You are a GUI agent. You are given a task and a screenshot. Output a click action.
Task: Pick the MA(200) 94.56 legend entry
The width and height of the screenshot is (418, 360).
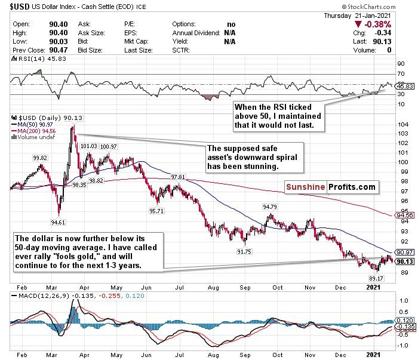pos(38,130)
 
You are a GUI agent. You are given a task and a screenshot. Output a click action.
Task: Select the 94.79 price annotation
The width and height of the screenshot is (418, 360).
pos(270,207)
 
